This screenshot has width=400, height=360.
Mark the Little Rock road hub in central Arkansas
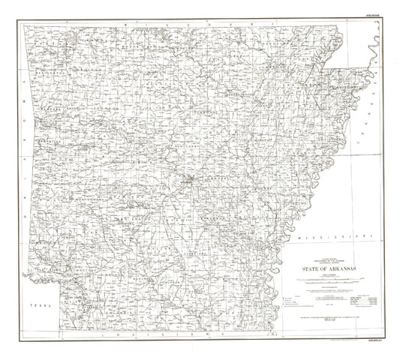[192, 178]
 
